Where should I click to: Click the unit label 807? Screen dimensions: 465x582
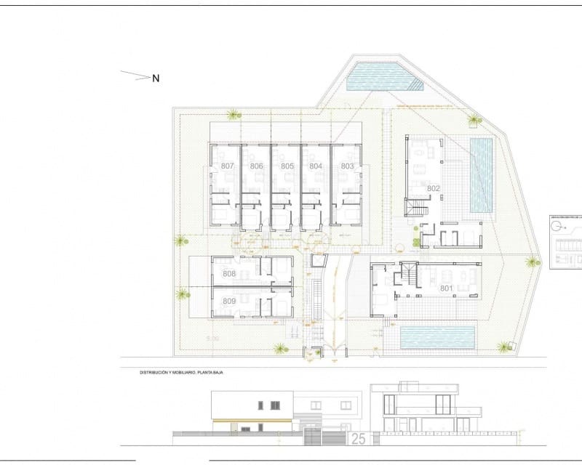(x=227, y=166)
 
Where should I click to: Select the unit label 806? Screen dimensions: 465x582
(x=256, y=166)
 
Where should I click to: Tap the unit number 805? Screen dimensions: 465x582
(x=287, y=166)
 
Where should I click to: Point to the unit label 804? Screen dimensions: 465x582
(x=316, y=166)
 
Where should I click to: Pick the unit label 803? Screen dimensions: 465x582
(x=347, y=166)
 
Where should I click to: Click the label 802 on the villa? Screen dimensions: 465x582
(x=434, y=188)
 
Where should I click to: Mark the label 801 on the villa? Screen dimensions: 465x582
(x=446, y=288)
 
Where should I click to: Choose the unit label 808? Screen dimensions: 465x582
(x=229, y=274)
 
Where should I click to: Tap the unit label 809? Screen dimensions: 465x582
(x=229, y=301)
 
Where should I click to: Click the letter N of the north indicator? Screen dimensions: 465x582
(x=156, y=78)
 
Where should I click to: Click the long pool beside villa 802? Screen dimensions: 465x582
(x=482, y=174)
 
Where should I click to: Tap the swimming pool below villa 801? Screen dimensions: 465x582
(x=437, y=336)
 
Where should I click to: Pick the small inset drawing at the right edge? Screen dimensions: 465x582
(x=566, y=243)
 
